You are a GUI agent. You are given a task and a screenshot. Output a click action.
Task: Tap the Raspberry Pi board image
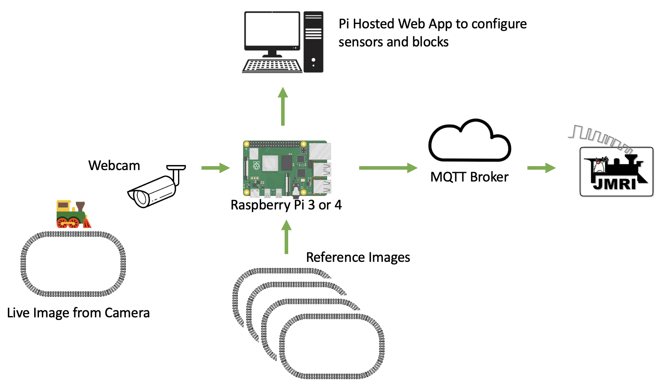point(287,169)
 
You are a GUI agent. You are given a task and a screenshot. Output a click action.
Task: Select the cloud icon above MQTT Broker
point(469,142)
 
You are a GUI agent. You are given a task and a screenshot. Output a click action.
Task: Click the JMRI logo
point(616,172)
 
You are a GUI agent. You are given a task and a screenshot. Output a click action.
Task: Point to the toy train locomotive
point(73,215)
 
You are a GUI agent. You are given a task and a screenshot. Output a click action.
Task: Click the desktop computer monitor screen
point(272,30)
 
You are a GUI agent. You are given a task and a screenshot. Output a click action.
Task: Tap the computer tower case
point(313,42)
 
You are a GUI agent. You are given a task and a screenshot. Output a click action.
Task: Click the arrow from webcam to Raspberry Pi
point(215,168)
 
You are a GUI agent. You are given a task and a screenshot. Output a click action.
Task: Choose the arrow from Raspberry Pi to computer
point(283,106)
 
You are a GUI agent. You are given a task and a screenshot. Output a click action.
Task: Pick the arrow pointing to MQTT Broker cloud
point(388,168)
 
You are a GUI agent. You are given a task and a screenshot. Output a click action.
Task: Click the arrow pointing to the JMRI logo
point(541,168)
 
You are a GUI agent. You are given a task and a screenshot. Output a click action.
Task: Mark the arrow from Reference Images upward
point(287,237)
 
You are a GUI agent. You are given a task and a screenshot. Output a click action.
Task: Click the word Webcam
point(114,165)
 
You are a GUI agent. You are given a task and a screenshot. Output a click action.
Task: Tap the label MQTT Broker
point(469,177)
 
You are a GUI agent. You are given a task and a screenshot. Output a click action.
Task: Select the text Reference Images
point(358,257)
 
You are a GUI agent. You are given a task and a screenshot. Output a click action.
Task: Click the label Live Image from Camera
point(78,313)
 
